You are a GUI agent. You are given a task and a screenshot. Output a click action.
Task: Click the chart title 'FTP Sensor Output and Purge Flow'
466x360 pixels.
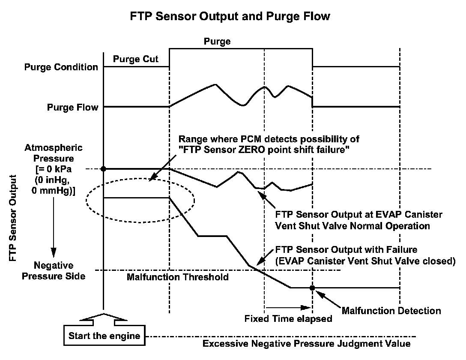(x=230, y=17)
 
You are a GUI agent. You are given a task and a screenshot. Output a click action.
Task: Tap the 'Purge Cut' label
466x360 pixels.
(x=135, y=59)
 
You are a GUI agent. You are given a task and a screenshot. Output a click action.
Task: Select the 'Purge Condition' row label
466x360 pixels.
(x=61, y=67)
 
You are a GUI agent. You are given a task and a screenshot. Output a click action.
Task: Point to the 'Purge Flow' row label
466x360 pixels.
(x=72, y=107)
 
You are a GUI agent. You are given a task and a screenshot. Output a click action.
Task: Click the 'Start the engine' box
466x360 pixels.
(x=104, y=336)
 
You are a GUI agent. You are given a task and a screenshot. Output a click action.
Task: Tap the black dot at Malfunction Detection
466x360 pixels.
(x=312, y=288)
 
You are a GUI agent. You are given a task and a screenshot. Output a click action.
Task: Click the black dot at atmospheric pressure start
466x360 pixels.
(x=104, y=168)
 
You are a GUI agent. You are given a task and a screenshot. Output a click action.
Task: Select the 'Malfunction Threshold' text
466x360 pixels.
(x=177, y=277)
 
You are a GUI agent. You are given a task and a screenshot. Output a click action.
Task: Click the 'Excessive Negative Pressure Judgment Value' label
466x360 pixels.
(x=307, y=344)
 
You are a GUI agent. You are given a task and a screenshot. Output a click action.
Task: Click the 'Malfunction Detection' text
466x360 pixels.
(x=391, y=311)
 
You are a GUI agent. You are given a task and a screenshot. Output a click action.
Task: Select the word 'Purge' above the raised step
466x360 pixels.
(x=217, y=42)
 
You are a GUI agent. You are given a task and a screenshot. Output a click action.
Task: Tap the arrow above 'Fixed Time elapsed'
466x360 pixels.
(x=287, y=307)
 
